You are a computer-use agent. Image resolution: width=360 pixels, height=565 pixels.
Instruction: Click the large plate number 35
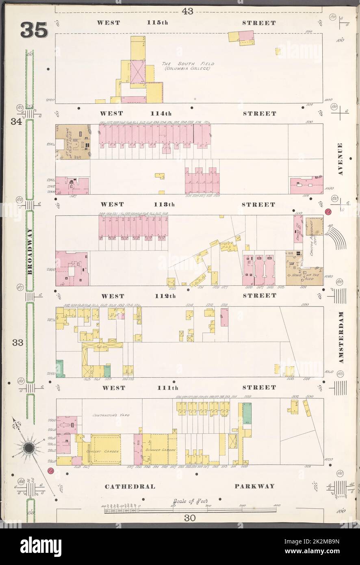coord(34,30)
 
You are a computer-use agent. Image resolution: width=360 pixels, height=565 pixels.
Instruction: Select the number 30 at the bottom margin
coord(189,518)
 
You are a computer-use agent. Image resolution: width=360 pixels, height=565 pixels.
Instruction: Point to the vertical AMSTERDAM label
coord(340,337)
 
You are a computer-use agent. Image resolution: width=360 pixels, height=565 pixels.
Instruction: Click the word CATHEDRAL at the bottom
coord(130,486)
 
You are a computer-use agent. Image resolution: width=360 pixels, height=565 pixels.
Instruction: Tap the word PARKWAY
coord(254,486)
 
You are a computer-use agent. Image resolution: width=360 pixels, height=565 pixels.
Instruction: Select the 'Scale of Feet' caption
coord(190,501)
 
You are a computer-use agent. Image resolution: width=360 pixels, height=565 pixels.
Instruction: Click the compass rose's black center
coord(29,448)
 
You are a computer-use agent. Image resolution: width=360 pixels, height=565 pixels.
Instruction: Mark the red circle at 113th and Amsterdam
coord(328,212)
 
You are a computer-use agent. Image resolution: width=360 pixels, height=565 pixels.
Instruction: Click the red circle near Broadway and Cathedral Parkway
coord(51,471)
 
